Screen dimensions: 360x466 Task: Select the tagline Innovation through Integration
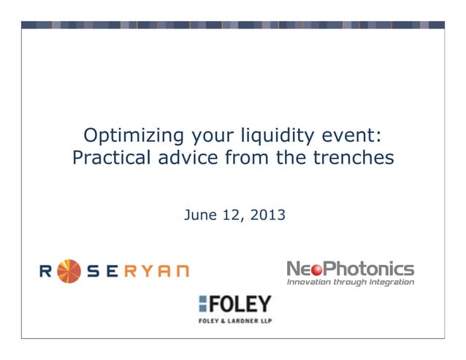click(x=351, y=282)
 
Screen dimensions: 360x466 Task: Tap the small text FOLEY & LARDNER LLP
click(x=234, y=320)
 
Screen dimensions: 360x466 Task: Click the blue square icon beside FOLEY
click(x=205, y=305)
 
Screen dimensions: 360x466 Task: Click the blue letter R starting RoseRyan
click(x=45, y=271)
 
